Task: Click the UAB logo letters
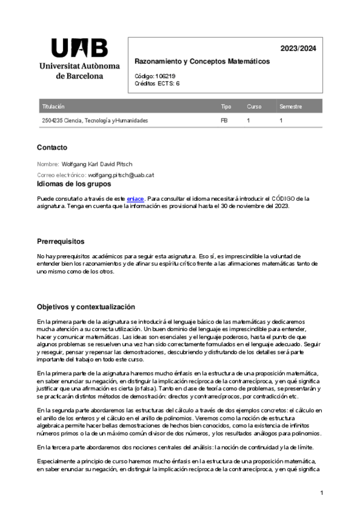(x=79, y=48)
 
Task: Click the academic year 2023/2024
(x=298, y=48)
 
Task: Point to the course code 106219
(x=166, y=76)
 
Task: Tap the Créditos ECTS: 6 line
(x=157, y=83)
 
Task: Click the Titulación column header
(x=53, y=106)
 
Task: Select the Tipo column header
(x=226, y=106)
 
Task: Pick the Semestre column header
(x=290, y=106)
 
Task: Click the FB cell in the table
(x=224, y=120)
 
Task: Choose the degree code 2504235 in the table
(x=52, y=120)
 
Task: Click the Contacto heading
(x=52, y=148)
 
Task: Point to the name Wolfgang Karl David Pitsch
(x=97, y=163)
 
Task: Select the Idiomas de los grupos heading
(x=74, y=183)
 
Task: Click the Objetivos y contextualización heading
(x=86, y=307)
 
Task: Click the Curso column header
(x=254, y=106)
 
